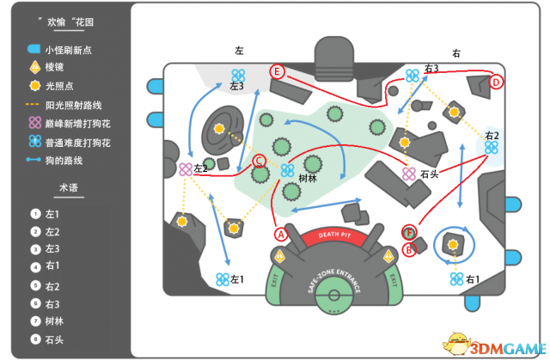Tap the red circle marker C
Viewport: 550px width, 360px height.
click(259, 160)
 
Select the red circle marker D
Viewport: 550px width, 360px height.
click(496, 82)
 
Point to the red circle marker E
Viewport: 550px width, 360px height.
click(277, 71)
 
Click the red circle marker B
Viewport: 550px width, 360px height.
click(410, 249)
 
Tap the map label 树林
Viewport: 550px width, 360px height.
click(308, 179)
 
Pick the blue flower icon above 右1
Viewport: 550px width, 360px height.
click(455, 278)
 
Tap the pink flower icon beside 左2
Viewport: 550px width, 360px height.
click(186, 170)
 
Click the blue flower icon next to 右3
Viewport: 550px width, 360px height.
click(413, 76)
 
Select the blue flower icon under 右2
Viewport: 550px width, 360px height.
click(492, 148)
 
